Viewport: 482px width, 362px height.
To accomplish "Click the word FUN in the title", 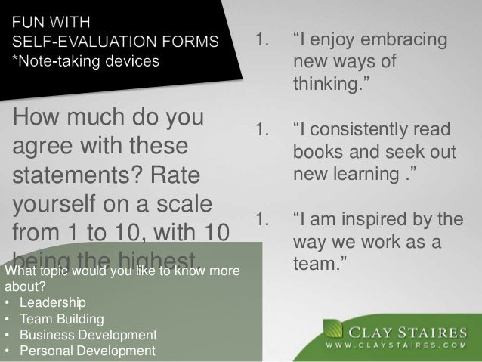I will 28,17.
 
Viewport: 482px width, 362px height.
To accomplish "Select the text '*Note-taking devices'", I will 84,60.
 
